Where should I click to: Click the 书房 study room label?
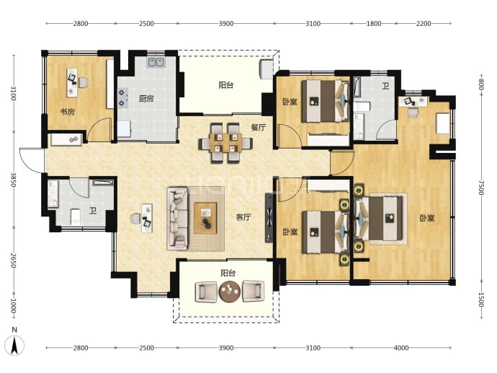68,112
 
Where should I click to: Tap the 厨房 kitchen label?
146,99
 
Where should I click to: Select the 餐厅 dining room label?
259,127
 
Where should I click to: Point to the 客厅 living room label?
243,217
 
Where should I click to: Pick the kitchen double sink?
156,62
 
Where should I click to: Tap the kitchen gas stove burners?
122,98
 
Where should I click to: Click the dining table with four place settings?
225,143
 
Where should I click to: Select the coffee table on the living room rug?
205,218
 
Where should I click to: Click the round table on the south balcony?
230,291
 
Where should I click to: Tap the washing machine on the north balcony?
266,69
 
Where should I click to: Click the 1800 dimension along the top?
374,24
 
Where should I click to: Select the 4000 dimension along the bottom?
401,348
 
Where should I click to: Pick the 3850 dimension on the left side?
13,180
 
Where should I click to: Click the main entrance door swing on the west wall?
32,160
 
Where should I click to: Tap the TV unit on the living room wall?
269,218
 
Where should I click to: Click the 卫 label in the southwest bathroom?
93,211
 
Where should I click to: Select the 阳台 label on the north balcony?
226,85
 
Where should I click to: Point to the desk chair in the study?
84,83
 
